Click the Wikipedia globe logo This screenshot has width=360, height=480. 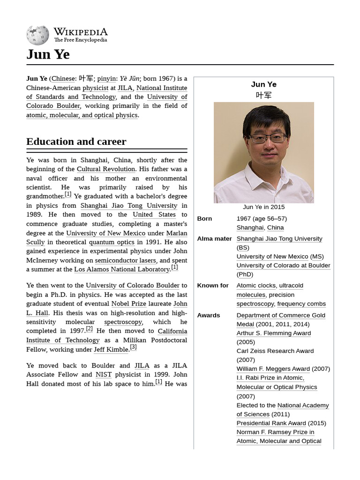coord(37,35)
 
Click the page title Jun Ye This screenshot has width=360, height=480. coord(48,54)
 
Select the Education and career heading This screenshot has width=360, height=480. coord(76,142)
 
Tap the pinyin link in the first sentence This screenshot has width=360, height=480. coord(106,78)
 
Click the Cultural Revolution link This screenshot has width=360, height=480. coord(106,169)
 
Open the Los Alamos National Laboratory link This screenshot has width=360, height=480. coord(122,270)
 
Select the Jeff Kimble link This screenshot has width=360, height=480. coord(111,350)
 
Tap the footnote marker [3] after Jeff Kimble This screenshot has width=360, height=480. coord(133,347)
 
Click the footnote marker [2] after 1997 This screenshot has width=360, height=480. coord(89,329)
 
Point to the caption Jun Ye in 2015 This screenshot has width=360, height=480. coord(263,207)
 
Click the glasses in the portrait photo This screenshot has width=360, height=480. coord(267,138)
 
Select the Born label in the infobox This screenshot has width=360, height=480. coord(204,218)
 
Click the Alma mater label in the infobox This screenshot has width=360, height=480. coord(214,239)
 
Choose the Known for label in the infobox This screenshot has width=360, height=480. coord(213,285)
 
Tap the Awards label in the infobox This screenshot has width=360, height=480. coord(209,315)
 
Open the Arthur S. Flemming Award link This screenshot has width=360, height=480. coord(274,333)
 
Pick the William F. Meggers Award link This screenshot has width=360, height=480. coord(273,369)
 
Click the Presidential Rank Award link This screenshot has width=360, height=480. coord(271,423)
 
